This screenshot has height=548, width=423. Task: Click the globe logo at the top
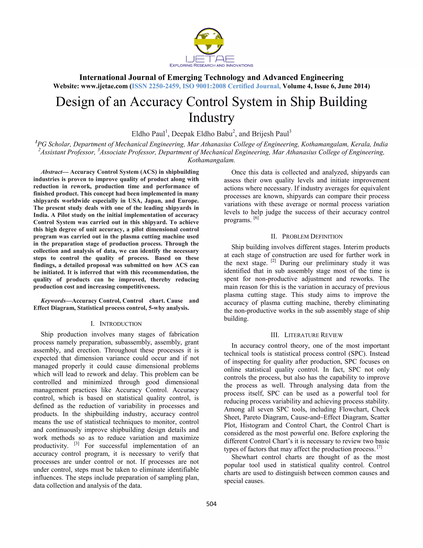click(209, 41)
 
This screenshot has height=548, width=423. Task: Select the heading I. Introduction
click(116, 324)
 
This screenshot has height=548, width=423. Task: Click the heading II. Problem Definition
click(307, 236)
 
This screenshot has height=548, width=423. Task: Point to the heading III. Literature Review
click(307, 335)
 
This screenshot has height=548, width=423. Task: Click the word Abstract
click(51, 172)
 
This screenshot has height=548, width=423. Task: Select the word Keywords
click(53, 301)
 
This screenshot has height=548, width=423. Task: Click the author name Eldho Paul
click(148, 134)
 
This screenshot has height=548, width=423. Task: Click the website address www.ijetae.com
click(105, 86)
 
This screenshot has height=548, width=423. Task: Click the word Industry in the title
click(211, 117)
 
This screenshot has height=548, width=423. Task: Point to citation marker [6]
click(256, 218)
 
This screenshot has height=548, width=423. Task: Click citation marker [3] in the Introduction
click(76, 444)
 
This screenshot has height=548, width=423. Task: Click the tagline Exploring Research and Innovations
click(211, 66)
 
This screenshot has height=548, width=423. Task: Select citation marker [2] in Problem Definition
click(273, 261)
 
